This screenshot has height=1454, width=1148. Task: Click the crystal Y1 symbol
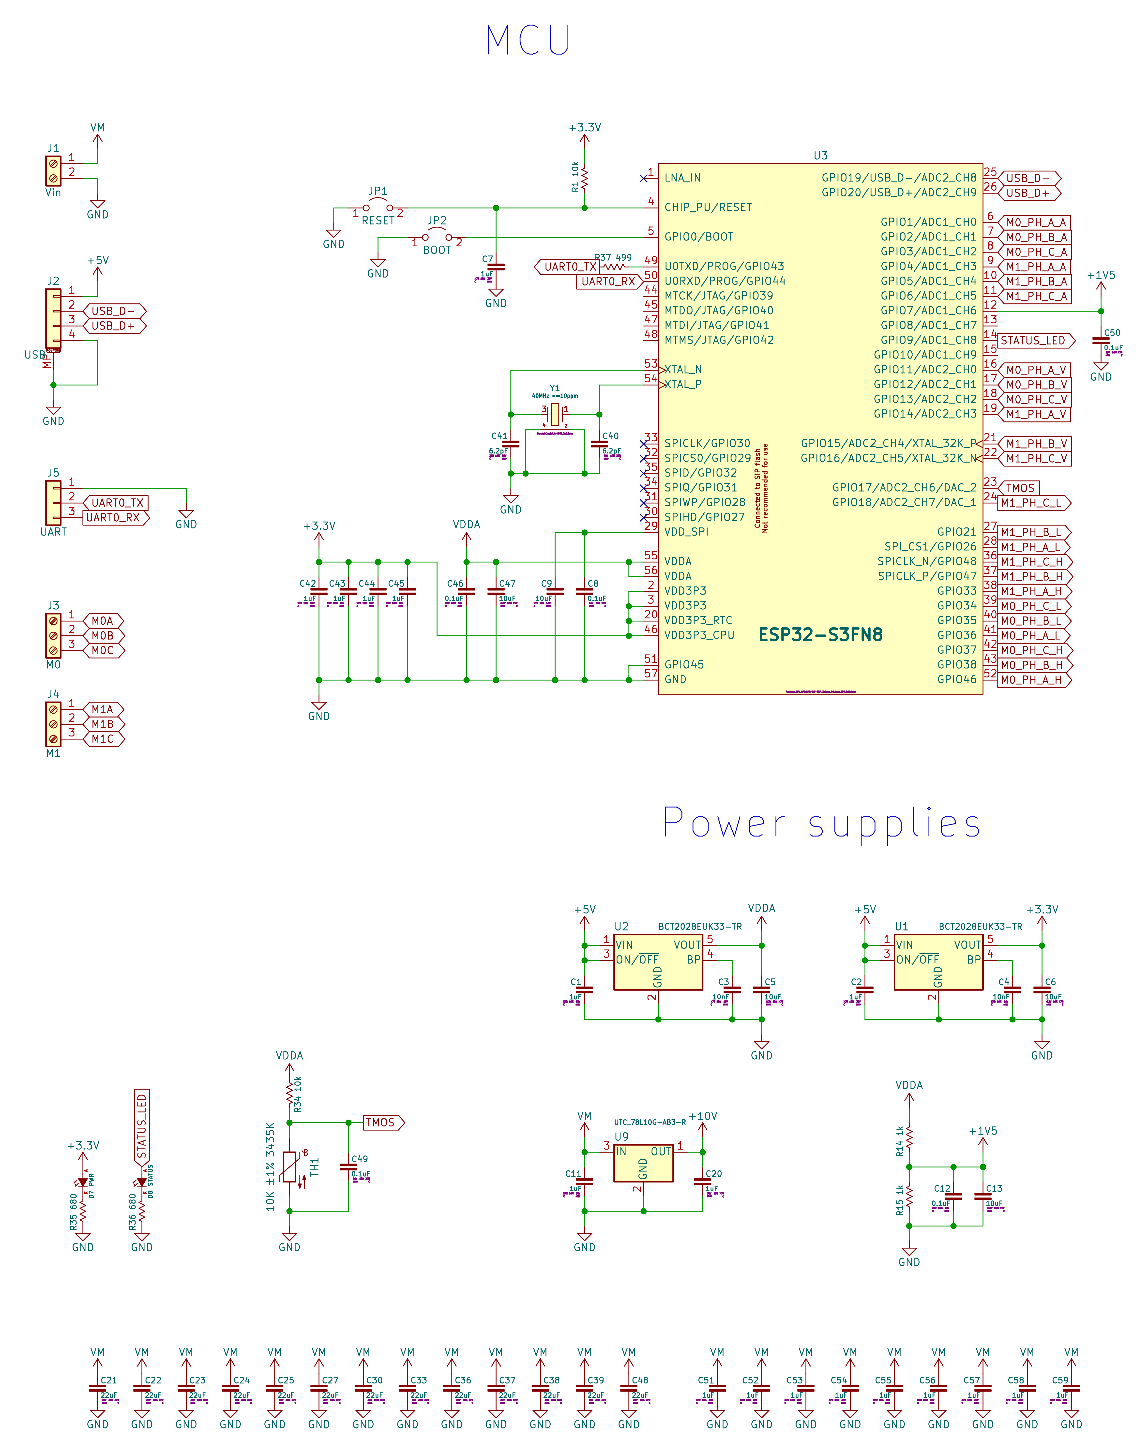click(x=555, y=415)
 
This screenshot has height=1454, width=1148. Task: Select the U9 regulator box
click(x=643, y=1163)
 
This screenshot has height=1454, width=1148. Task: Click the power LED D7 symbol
click(x=83, y=1183)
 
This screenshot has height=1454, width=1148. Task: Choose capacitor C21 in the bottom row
click(x=97, y=1388)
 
